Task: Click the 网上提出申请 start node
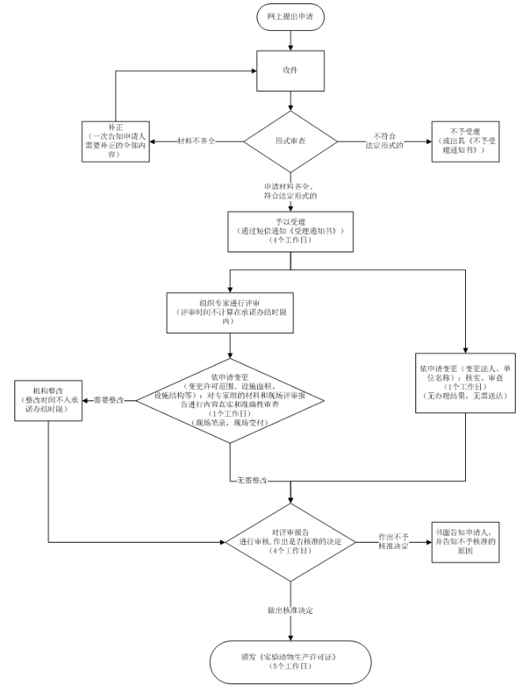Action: click(x=291, y=16)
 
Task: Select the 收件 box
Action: click(x=291, y=68)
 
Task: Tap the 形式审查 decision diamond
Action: click(x=291, y=142)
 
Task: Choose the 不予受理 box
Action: click(x=465, y=142)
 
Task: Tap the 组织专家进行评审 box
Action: click(x=229, y=310)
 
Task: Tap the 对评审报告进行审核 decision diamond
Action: click(x=292, y=542)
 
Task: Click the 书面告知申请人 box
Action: click(x=465, y=542)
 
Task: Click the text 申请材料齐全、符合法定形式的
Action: click(x=291, y=190)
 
